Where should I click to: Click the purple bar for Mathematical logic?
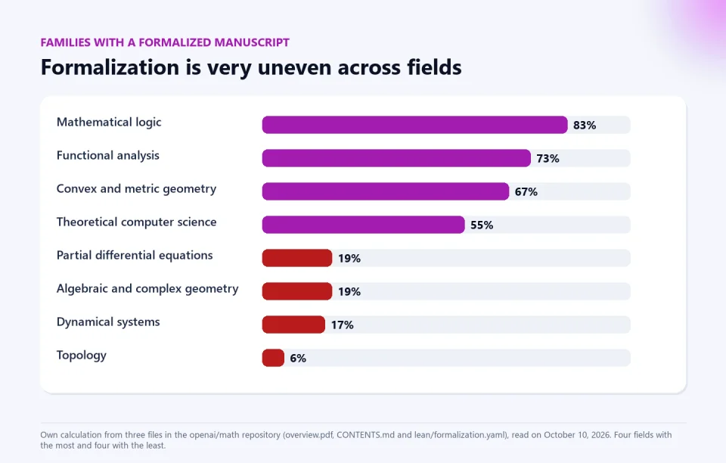tap(415, 125)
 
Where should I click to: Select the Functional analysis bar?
tap(396, 158)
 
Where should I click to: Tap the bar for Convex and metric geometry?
tap(386, 191)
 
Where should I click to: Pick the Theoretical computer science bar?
tap(364, 225)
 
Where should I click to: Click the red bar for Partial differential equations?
tap(297, 258)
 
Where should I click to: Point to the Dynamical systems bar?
tap(293, 325)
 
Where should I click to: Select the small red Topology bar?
tap(273, 359)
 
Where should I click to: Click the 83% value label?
tap(585, 126)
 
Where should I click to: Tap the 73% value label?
tap(548, 159)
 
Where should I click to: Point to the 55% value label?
tap(482, 225)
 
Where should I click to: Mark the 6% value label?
tap(298, 359)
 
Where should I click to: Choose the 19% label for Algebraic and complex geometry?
tap(349, 292)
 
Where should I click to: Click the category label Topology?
tap(82, 356)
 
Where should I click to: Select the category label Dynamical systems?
tap(108, 322)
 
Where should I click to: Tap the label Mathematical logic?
tap(109, 123)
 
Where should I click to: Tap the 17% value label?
tap(342, 325)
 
